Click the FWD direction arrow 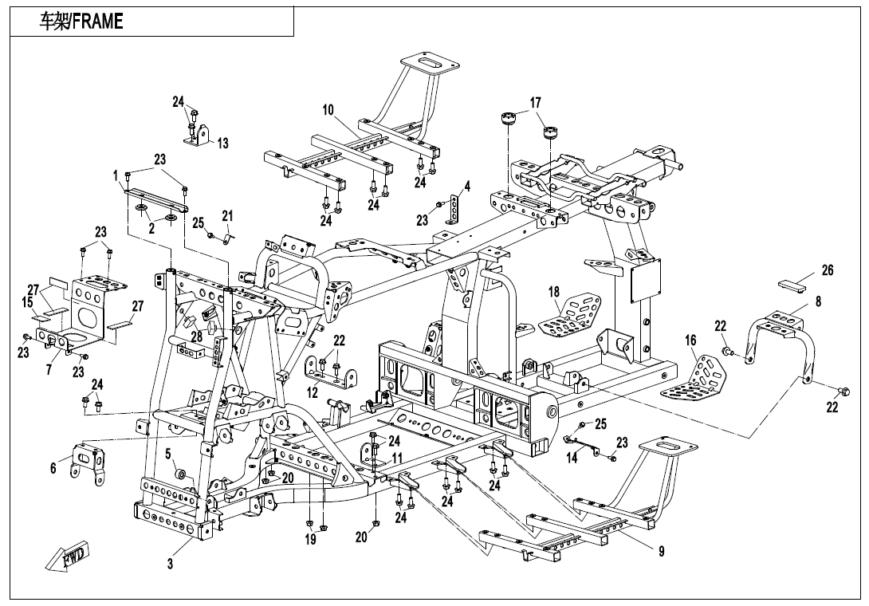[x=69, y=556]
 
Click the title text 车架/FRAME [x=81, y=22]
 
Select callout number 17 [x=535, y=103]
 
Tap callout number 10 [x=328, y=110]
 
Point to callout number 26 [x=828, y=271]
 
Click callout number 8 [x=818, y=302]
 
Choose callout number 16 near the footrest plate [x=690, y=340]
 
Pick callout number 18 [x=553, y=292]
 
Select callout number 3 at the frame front [x=170, y=564]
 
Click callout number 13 [x=222, y=144]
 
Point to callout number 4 [x=467, y=187]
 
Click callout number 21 [x=227, y=216]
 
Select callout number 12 [x=313, y=392]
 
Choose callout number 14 [x=572, y=458]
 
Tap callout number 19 [x=310, y=540]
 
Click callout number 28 [x=196, y=336]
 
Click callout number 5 [x=168, y=454]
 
